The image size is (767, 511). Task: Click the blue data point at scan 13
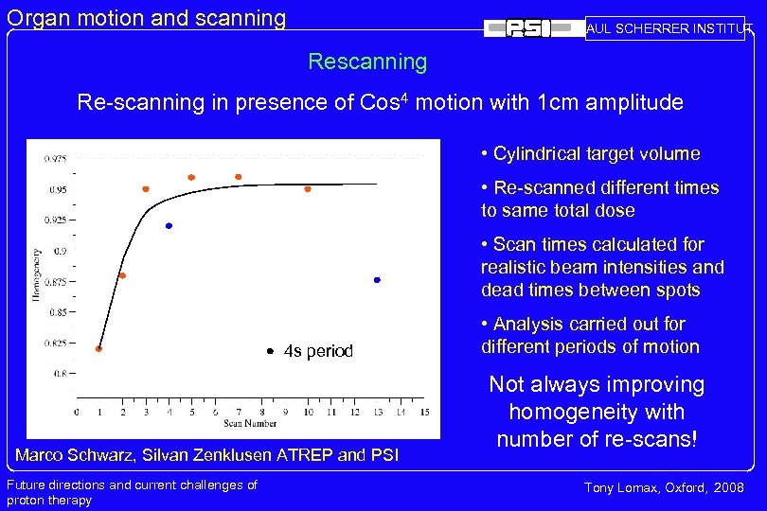point(377,280)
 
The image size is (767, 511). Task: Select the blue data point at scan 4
point(169,226)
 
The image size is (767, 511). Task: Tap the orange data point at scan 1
point(98,349)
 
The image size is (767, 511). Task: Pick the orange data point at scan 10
point(308,189)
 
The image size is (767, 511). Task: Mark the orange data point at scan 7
point(238,177)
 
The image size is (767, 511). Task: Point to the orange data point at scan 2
point(122,275)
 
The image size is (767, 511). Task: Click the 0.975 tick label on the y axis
point(55,159)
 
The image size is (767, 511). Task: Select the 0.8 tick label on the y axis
point(61,373)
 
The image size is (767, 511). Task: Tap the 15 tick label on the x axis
point(425,413)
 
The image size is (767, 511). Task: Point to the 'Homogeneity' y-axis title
point(37,274)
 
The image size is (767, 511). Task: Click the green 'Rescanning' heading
point(367,62)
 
